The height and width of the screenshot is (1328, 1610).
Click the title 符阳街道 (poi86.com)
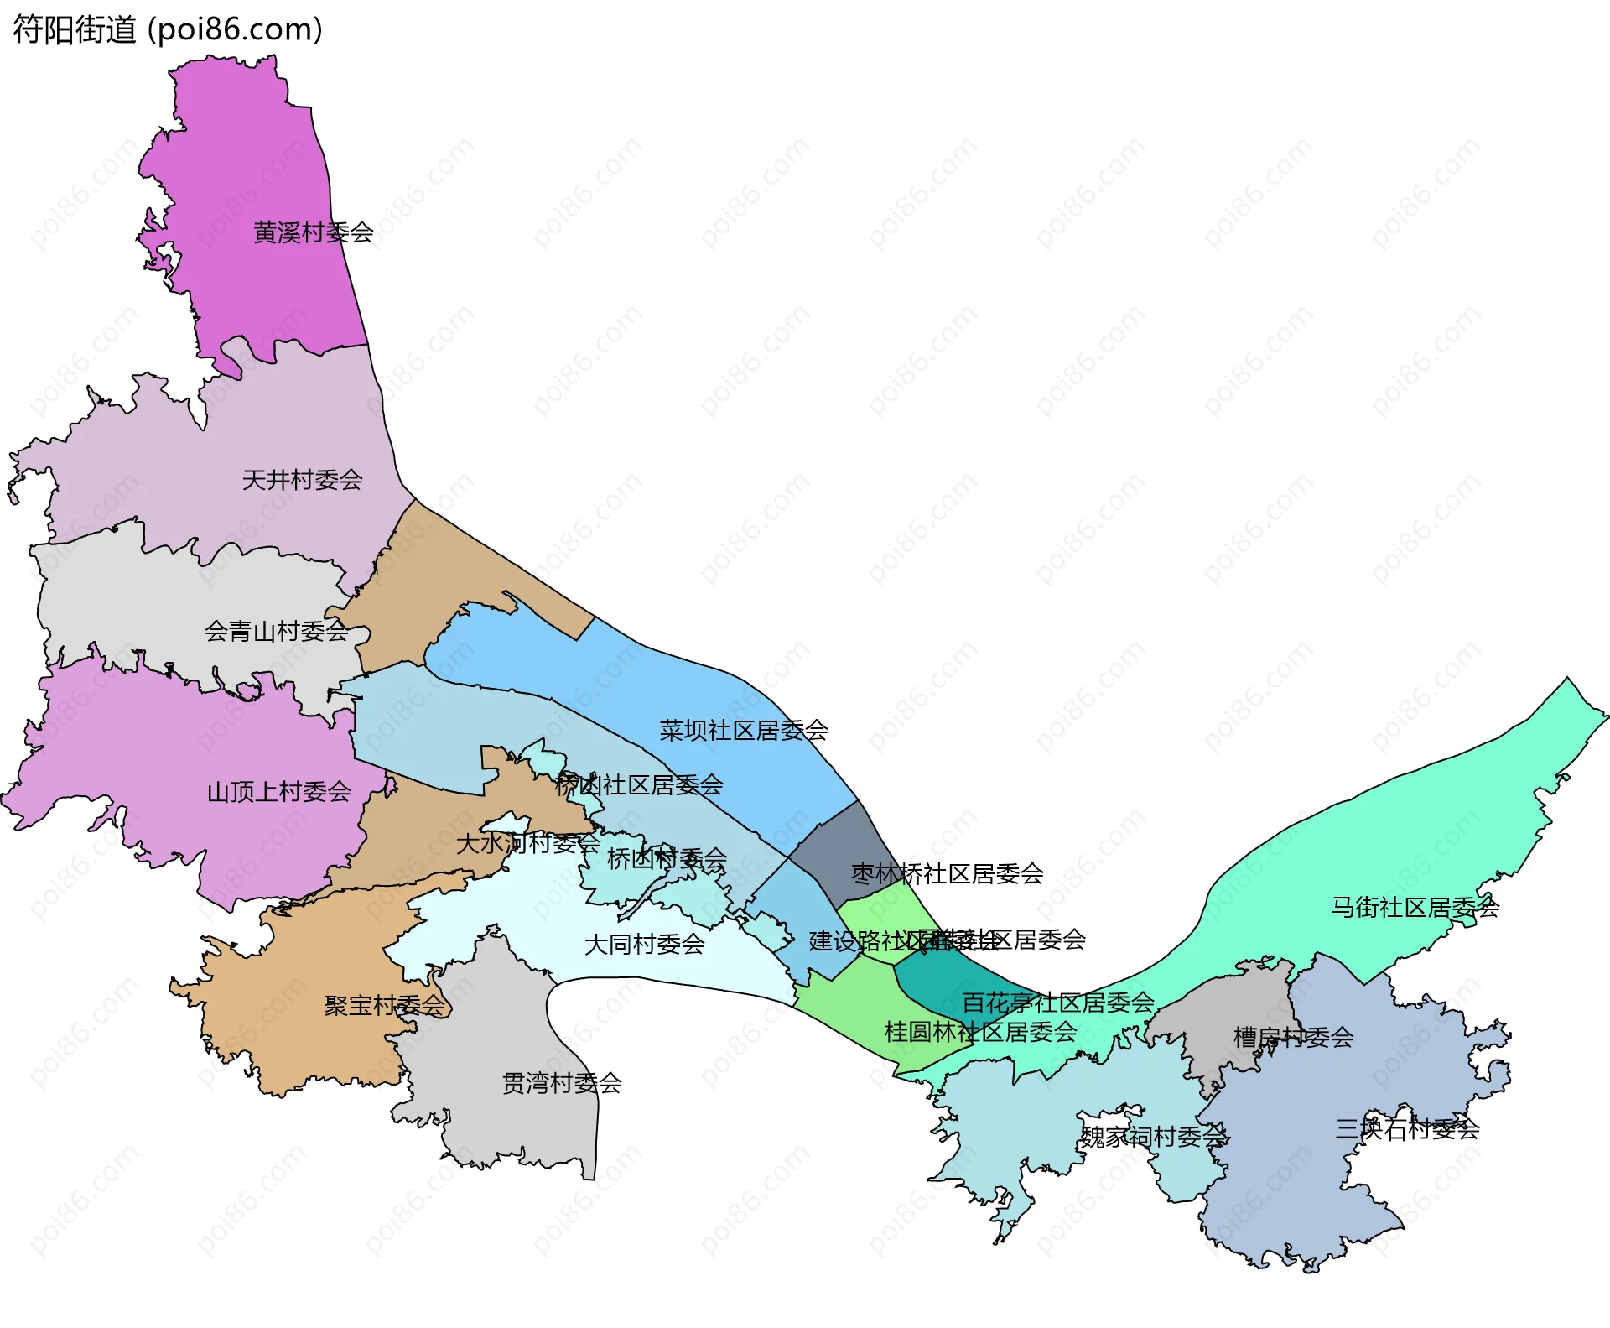coord(168,30)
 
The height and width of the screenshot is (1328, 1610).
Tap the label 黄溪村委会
coord(313,232)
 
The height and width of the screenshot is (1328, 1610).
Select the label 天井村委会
coord(302,480)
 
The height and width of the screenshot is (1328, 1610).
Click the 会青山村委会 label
coord(276,631)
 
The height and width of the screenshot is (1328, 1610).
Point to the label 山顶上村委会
coord(278,791)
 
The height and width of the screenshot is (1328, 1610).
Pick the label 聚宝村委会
coord(384,1005)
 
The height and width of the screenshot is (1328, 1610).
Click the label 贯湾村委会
coord(561,1083)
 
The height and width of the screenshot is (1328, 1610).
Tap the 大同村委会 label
coord(644,945)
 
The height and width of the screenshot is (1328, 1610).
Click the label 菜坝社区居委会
coord(743,731)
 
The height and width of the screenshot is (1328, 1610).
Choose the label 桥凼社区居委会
coord(638,785)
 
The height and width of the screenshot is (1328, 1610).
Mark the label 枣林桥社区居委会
coord(947,874)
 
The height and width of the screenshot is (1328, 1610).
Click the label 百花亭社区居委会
coord(1057,1003)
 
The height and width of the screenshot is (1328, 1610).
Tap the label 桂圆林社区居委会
coord(979,1032)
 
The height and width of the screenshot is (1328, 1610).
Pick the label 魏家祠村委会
coord(1153,1138)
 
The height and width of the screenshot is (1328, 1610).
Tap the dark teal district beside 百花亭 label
coord(931,982)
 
